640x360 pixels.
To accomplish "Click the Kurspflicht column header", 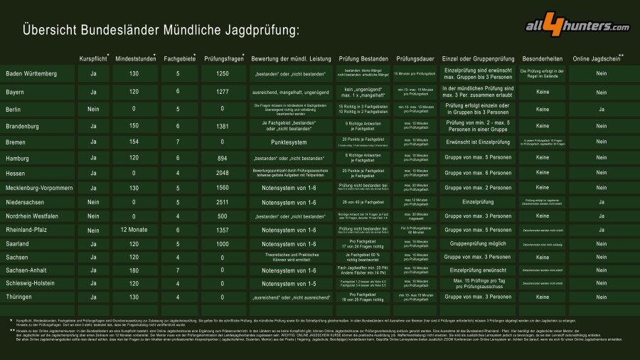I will tap(92, 58).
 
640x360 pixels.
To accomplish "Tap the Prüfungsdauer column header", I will tap(416, 58).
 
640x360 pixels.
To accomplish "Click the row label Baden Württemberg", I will tap(31, 74).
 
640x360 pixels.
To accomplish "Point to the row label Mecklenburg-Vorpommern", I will tap(39, 188).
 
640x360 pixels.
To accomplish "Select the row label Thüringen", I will tap(18, 297).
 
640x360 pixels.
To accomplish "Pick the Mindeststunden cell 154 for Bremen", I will tap(135, 142).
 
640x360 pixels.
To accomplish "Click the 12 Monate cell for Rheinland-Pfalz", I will tap(135, 230).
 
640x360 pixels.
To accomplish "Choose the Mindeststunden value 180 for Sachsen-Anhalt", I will tap(135, 270).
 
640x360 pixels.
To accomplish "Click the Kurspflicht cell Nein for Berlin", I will tap(93, 110).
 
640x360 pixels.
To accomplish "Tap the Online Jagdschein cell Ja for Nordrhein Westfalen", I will tap(601, 216).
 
